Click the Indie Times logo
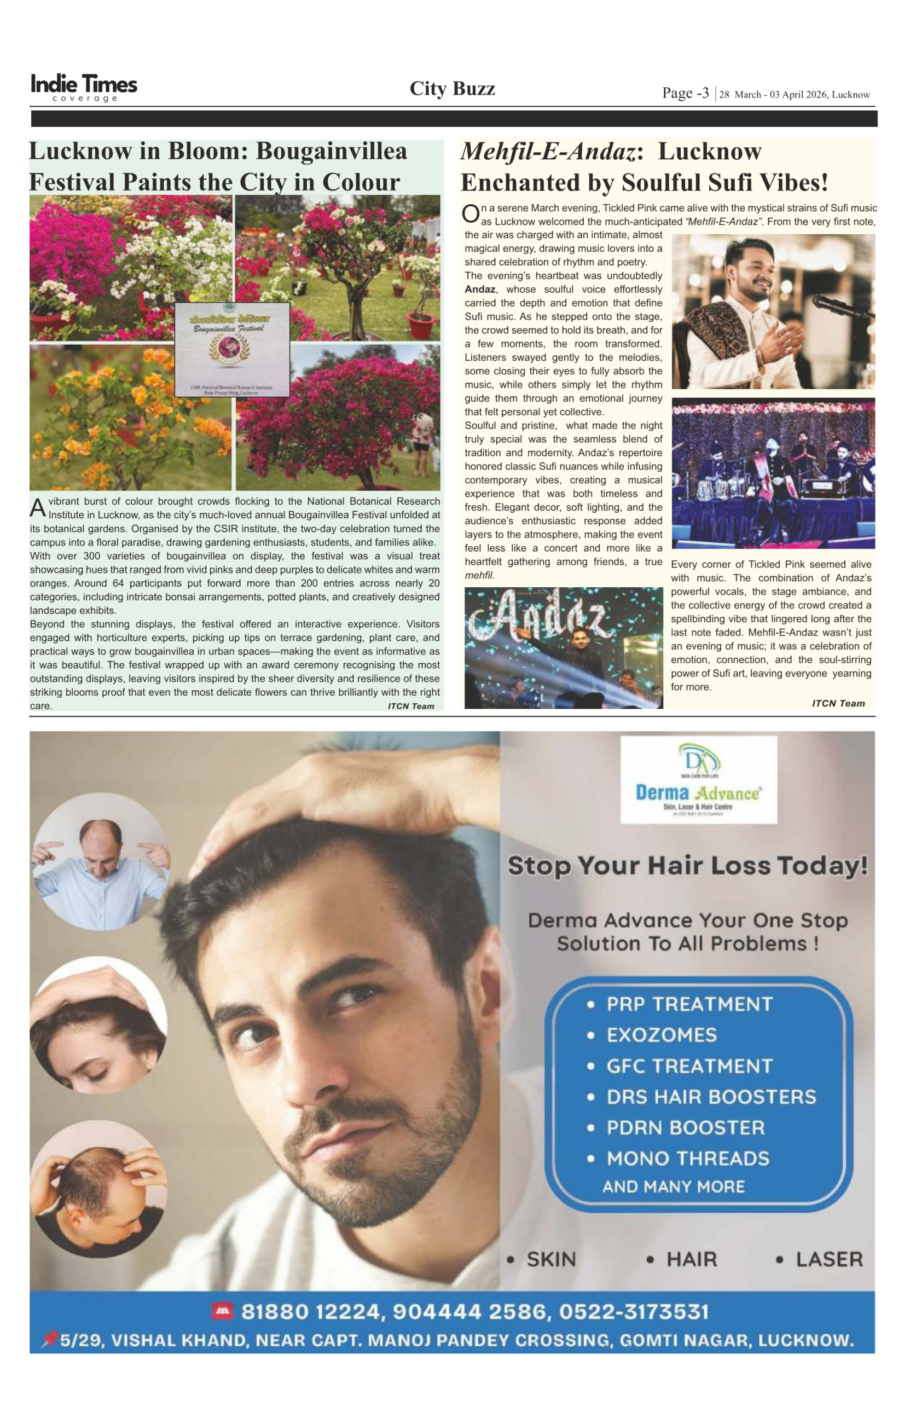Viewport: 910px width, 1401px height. pos(84,87)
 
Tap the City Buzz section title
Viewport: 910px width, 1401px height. pos(452,89)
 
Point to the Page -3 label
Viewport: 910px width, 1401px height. pos(685,93)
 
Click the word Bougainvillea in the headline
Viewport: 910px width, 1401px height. pos(332,151)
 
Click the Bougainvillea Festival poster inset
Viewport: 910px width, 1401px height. pos(232,349)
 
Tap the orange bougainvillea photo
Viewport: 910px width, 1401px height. pos(130,418)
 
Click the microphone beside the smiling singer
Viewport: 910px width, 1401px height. pos(842,305)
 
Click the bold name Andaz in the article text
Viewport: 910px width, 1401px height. pos(480,289)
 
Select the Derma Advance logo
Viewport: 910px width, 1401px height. pos(698,779)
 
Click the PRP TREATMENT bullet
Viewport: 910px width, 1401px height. pos(689,1004)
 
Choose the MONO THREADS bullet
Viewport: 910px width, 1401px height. pos(687,1158)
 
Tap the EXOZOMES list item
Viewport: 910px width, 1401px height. pos(662,1035)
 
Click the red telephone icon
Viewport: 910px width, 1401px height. pos(223,1311)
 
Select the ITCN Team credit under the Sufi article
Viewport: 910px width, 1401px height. pos(838,703)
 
